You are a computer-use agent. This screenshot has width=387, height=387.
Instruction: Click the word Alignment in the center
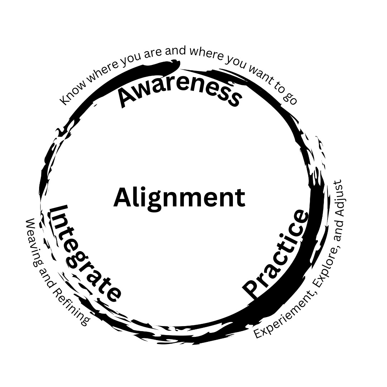coord(179,198)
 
